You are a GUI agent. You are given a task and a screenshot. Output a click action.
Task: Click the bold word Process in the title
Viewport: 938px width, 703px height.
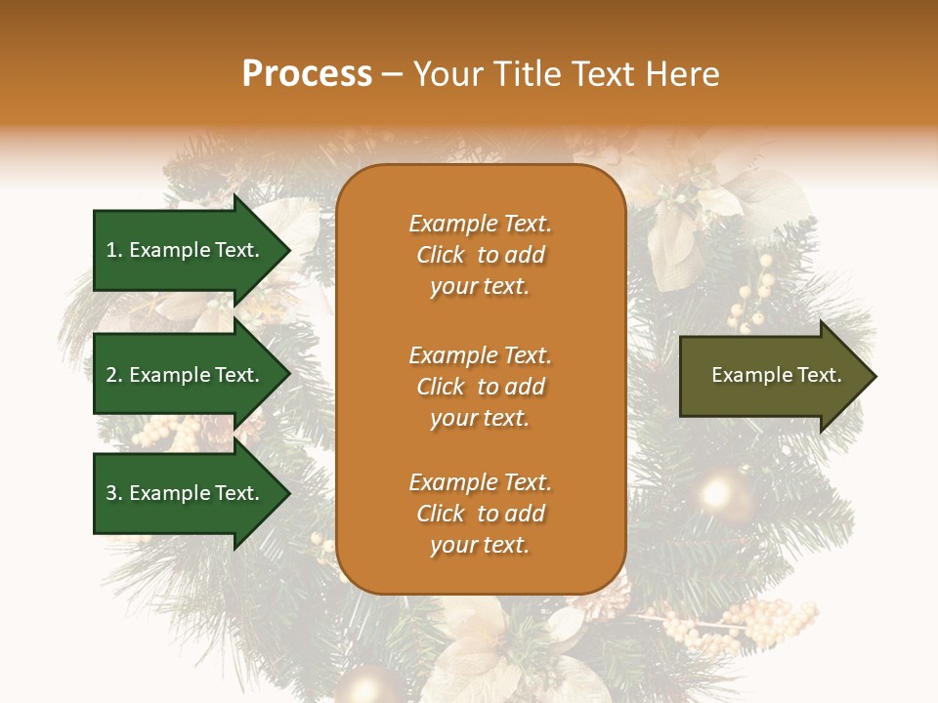[307, 74]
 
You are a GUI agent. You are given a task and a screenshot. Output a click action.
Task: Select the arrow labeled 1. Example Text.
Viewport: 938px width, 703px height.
[186, 250]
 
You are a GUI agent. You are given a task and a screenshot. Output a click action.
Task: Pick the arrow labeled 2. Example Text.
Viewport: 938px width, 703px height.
[186, 375]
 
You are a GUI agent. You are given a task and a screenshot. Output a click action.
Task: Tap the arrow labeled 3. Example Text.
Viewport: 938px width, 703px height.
[186, 493]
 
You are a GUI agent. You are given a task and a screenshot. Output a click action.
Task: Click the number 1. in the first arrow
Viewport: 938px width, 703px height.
[114, 250]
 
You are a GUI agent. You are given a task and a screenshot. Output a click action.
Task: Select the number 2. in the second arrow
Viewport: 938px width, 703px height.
[114, 375]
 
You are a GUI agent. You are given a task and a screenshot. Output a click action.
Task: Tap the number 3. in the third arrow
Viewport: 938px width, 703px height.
[114, 493]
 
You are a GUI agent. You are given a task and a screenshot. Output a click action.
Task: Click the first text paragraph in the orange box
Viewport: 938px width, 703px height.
[480, 255]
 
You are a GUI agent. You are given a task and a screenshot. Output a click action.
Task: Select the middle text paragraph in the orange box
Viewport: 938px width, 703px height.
[480, 387]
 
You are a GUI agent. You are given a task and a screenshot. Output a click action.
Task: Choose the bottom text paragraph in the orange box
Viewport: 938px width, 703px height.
[480, 514]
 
